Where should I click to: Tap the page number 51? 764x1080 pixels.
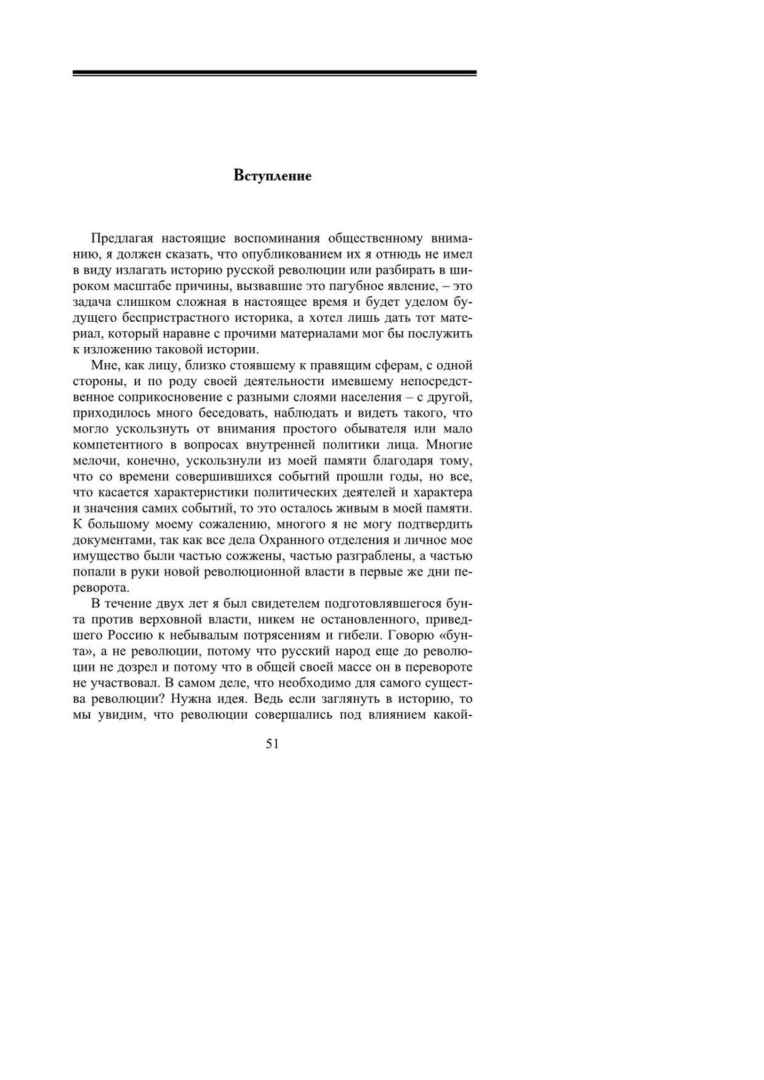click(272, 744)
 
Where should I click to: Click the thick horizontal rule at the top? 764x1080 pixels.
click(274, 73)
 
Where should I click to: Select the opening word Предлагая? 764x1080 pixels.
click(124, 238)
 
